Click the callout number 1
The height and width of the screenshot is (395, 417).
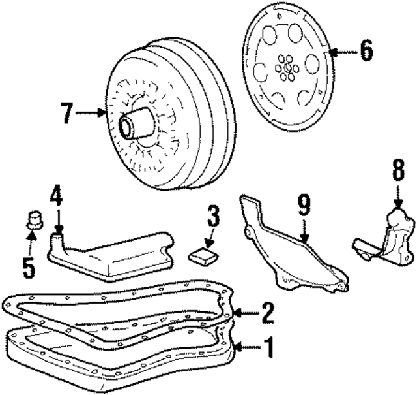pos(266,347)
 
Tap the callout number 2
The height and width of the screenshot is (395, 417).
pos(268,313)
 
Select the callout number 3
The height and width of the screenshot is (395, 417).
pos(214,216)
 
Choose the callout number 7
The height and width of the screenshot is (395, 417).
pos(66,112)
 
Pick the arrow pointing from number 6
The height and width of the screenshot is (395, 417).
pos(343,51)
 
